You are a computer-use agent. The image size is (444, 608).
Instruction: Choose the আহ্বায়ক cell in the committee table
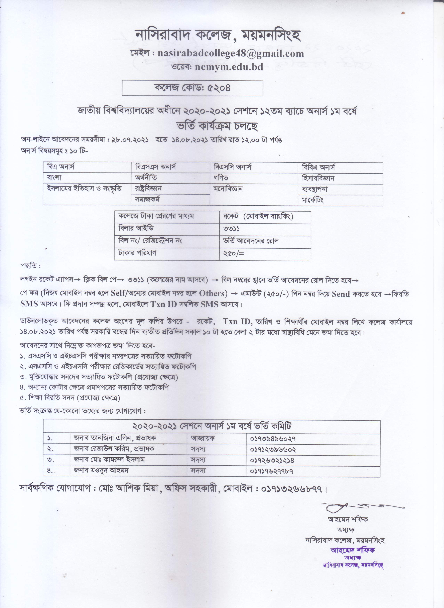tap(203, 438)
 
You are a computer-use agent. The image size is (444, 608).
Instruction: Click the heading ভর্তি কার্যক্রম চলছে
tap(217, 126)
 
